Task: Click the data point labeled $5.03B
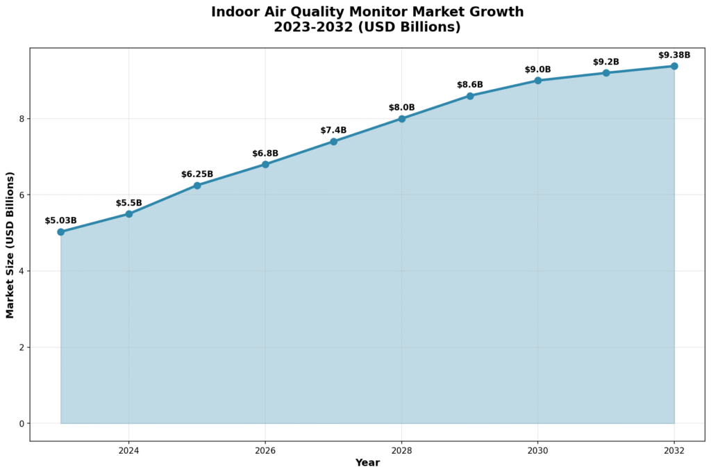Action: click(x=61, y=231)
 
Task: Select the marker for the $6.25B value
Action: click(x=197, y=186)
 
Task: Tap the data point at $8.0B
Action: click(x=402, y=119)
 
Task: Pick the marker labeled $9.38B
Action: click(x=674, y=66)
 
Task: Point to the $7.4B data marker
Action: click(x=333, y=141)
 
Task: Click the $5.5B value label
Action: click(x=129, y=203)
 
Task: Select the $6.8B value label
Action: click(x=265, y=154)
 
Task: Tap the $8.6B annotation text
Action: click(x=470, y=85)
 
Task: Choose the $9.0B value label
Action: click(x=538, y=70)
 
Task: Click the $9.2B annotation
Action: click(x=606, y=62)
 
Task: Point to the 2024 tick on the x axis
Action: click(x=129, y=450)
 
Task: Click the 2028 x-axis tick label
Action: click(x=402, y=450)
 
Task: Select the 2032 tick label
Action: click(x=674, y=450)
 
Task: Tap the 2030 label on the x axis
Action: click(x=538, y=450)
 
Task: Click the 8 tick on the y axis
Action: click(x=22, y=119)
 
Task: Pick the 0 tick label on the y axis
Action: click(x=22, y=423)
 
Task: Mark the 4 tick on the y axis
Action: click(x=22, y=271)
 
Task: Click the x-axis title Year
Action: click(x=367, y=463)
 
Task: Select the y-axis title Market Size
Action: click(x=10, y=245)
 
